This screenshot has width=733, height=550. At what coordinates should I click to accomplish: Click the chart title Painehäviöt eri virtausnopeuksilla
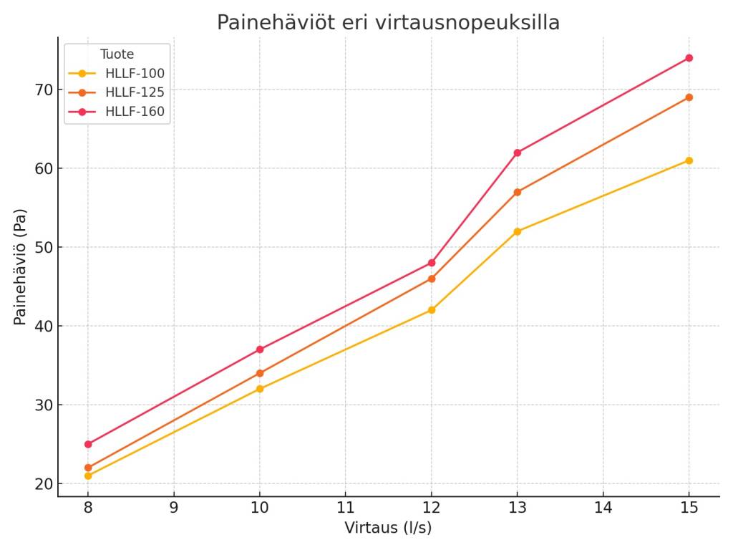point(388,23)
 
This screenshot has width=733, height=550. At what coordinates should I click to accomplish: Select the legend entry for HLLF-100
point(135,73)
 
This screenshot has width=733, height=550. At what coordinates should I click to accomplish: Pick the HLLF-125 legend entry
point(135,92)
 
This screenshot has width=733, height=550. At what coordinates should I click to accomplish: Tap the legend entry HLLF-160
point(135,112)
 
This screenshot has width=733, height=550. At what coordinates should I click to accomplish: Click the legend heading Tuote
point(117,54)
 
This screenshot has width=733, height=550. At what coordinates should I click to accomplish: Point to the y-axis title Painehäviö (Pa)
point(20,266)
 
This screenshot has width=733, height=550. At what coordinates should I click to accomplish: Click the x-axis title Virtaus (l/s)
point(388,529)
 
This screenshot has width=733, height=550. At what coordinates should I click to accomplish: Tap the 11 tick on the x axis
point(345,508)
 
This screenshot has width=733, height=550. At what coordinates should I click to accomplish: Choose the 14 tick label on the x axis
point(603,508)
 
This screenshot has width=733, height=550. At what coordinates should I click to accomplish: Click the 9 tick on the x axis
point(174,508)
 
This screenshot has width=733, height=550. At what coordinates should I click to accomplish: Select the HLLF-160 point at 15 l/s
point(689,58)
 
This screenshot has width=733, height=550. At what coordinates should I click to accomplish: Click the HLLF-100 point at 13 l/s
point(518,231)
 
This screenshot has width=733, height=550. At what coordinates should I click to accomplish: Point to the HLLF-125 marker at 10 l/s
point(260,373)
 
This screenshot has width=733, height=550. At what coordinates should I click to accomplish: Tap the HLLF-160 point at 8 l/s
point(88,444)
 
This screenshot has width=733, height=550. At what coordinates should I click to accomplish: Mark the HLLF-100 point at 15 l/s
point(689,160)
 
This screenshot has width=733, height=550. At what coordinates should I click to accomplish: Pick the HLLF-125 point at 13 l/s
point(518,192)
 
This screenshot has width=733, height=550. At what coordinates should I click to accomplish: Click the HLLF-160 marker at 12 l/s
point(432,263)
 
